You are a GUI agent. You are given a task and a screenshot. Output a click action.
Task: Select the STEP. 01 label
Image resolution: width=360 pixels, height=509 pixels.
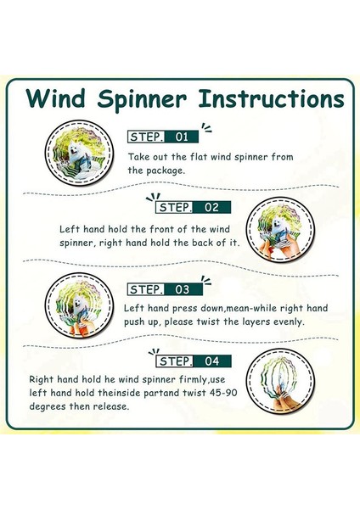[x=162, y=136]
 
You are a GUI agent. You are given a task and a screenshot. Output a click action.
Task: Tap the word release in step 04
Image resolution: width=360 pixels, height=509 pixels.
[x=111, y=406]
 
